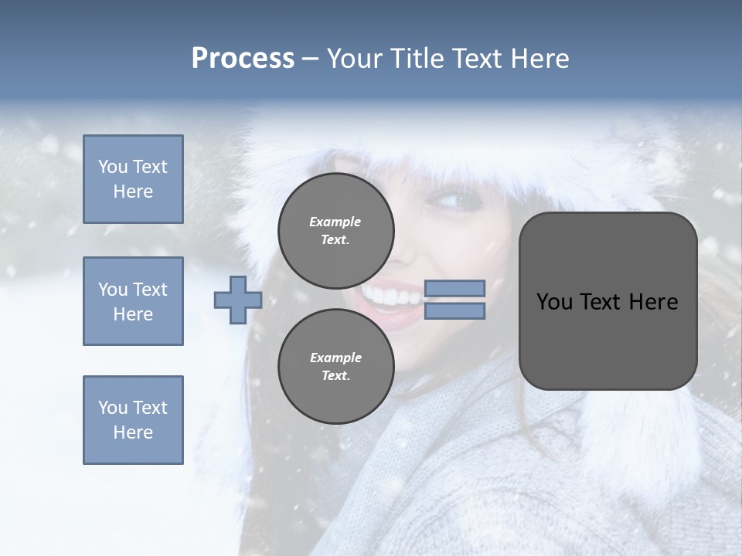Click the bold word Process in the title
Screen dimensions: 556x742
243,59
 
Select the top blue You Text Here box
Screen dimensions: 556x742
133,179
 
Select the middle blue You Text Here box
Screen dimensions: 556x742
133,301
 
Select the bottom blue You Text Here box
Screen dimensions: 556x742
133,419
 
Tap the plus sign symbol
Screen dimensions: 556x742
238,300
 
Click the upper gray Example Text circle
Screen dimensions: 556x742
335,231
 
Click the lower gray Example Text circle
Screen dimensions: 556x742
335,366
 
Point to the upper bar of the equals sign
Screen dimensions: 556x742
454,289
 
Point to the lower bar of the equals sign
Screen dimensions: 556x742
454,311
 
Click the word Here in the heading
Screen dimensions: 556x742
539,59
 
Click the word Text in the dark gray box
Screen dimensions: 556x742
602,302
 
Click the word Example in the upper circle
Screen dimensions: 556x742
335,222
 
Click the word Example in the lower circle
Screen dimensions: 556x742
335,358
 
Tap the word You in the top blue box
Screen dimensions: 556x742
112,167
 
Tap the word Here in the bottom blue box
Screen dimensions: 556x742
133,432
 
